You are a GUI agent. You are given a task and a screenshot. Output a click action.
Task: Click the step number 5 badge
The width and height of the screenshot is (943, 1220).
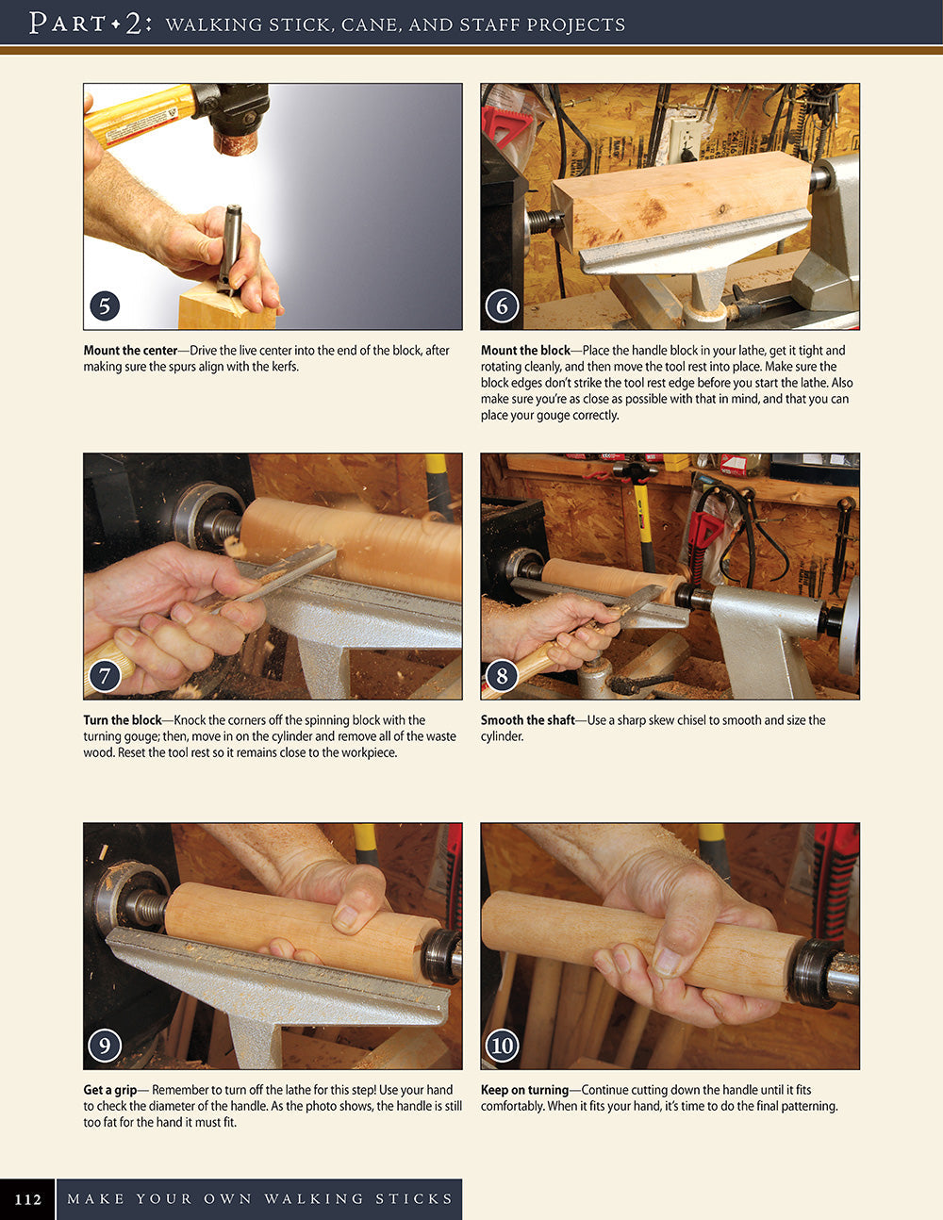coord(105,305)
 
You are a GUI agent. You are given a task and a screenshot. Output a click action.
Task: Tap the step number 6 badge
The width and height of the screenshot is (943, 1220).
coord(502,305)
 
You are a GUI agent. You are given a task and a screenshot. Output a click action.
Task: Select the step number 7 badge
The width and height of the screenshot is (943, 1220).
coord(105,675)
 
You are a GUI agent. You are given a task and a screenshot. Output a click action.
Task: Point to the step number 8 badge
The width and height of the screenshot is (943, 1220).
coord(502,675)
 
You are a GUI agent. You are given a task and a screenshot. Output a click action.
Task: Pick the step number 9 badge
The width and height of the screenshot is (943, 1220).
coord(105,1045)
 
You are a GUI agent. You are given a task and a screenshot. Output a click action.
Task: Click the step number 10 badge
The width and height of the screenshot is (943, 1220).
coord(502,1045)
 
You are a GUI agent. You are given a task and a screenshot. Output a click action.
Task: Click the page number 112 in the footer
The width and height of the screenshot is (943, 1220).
coord(28,1199)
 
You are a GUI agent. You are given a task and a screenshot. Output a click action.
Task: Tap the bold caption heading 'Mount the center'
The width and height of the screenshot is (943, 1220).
coord(130,351)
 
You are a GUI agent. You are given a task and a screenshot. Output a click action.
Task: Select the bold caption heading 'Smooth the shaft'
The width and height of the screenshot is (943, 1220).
coord(527,720)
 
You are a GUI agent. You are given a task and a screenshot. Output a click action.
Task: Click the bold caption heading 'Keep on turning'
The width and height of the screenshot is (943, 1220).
coord(524,1090)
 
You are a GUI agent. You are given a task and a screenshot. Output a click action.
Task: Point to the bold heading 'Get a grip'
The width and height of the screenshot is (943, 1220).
coord(109,1090)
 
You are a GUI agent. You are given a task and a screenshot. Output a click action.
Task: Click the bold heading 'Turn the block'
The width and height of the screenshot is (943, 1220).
coord(123,720)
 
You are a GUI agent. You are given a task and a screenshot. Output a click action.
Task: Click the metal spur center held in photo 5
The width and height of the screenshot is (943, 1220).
coord(229,245)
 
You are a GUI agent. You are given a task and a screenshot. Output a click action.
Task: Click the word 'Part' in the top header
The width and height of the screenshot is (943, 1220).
coord(66,24)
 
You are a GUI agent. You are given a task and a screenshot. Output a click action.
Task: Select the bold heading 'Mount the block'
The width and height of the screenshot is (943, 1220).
coord(525,351)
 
